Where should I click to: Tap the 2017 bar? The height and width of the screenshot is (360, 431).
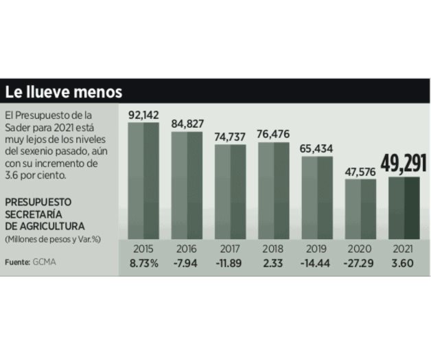click(x=230, y=192)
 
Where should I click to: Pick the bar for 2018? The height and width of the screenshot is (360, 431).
click(x=273, y=190)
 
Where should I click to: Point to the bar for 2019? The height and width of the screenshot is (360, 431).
click(x=316, y=198)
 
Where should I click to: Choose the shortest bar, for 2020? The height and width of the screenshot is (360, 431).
click(x=360, y=209)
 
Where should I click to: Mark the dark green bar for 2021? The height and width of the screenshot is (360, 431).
click(x=403, y=207)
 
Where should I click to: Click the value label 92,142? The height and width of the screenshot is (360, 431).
click(x=143, y=115)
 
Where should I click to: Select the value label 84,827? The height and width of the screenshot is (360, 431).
click(x=187, y=124)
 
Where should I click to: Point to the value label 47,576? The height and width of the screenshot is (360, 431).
click(x=360, y=170)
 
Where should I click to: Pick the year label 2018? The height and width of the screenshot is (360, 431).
click(x=273, y=248)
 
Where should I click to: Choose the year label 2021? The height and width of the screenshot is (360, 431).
click(x=403, y=248)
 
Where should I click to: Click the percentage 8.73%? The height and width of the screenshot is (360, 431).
click(x=143, y=262)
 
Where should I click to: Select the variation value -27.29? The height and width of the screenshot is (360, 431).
click(x=360, y=262)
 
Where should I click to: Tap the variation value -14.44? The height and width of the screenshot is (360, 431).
click(x=316, y=262)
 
